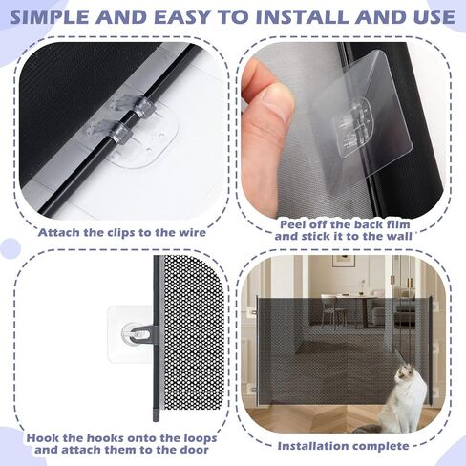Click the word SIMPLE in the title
click(x=50, y=17)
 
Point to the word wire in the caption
click(x=192, y=232)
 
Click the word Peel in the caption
click(x=292, y=224)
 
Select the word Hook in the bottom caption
click(x=42, y=438)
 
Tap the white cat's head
click(x=404, y=375)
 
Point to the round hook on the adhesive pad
click(x=137, y=334)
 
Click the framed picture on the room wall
click(x=344, y=261)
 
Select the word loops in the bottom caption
click(x=199, y=438)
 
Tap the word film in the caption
click(x=397, y=224)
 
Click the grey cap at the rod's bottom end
click(x=156, y=413)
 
